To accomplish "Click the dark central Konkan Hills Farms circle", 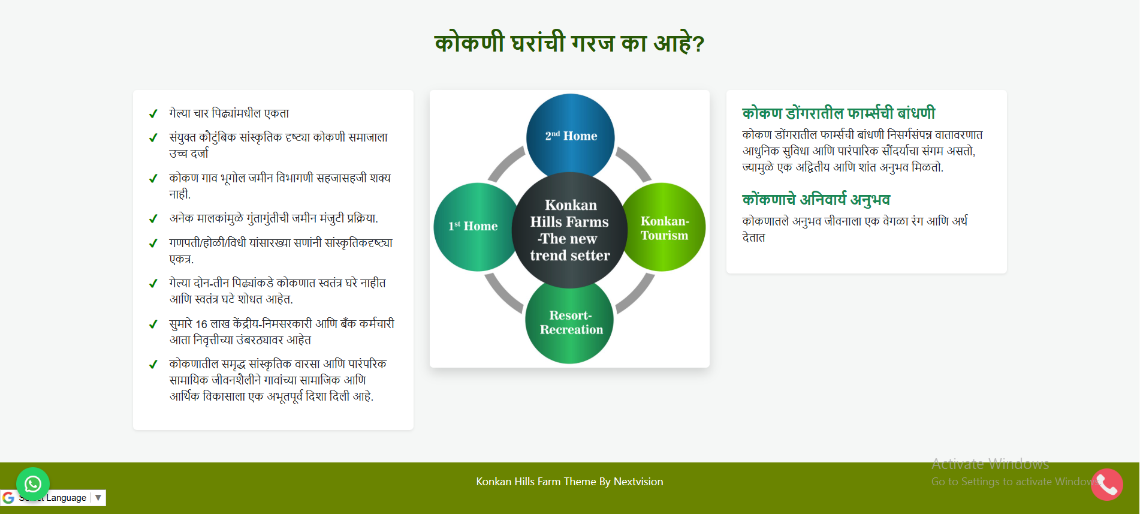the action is pos(569,230).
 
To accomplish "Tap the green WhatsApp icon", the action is pos(33,483).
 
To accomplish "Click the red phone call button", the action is pos(1107,485).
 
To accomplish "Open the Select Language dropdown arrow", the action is pos(98,497).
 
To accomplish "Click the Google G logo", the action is pos(8,498).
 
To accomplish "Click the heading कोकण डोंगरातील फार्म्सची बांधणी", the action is pos(839,113).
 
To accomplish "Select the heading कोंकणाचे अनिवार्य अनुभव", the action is pos(816,199).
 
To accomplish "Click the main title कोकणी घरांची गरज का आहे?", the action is pos(569,43).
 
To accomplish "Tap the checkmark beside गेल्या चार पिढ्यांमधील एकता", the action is pos(153,114).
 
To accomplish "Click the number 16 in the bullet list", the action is pos(201,324).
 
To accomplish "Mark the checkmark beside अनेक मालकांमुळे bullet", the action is pos(153,219).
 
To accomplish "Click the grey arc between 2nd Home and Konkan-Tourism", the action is pos(634,163).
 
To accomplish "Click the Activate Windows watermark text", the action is pos(990,464).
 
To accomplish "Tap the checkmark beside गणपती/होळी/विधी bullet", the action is pos(153,244).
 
